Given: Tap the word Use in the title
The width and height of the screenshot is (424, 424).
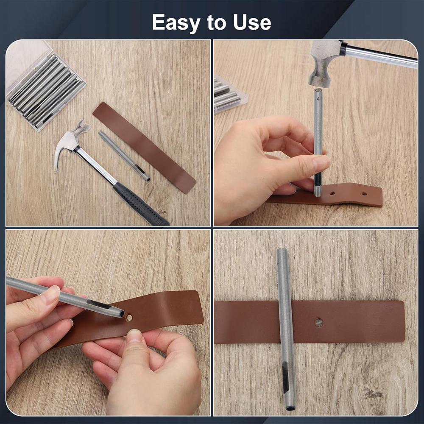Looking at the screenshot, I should click(x=252, y=22).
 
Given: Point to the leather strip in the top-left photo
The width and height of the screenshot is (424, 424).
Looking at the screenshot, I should click(x=144, y=146).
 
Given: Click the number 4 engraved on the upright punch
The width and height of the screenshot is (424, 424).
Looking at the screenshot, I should click(x=318, y=100).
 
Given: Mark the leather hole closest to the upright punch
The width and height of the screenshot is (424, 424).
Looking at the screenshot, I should click(x=332, y=193).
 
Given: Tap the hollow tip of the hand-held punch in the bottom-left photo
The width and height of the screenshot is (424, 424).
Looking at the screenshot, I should click(x=121, y=314).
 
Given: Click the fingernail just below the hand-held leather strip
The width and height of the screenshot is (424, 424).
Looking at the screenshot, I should click(x=135, y=336).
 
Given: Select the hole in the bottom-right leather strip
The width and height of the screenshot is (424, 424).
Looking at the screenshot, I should click(x=319, y=322).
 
